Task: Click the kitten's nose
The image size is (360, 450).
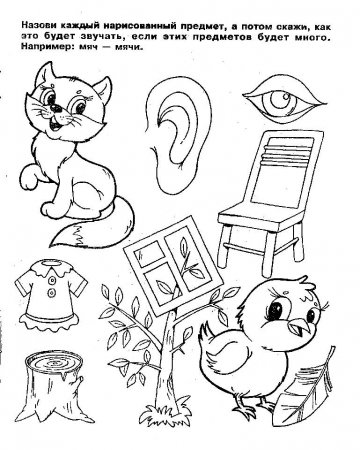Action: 56,108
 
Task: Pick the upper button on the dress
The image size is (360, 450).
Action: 52,281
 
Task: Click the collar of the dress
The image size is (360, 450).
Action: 51,268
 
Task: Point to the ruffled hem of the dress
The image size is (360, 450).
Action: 50,320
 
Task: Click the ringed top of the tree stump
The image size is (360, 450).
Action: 54,362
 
